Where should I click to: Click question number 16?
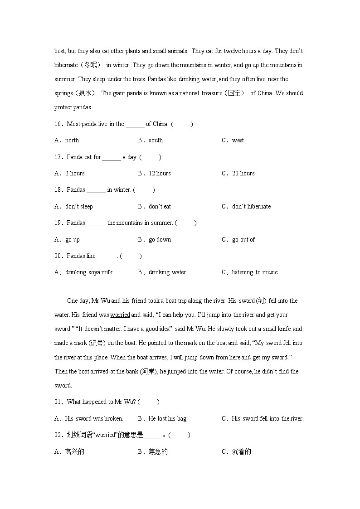coord(58,124)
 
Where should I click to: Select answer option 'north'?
coord(72,141)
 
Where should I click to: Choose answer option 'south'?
coord(156,141)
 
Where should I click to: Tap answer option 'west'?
coord(238,141)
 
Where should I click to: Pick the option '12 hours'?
coord(160,174)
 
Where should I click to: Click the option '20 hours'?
coord(243,174)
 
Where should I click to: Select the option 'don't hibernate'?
coord(251,207)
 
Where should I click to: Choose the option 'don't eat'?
coord(160,207)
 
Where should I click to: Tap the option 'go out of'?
coord(243,240)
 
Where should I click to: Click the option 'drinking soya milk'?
coord(89,272)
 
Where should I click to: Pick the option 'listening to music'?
coord(254,272)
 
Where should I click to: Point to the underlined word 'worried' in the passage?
coord(120,315)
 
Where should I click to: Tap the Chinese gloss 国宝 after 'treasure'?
coord(236,93)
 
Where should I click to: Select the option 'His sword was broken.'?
coord(94,419)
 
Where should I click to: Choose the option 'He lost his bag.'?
coord(168,419)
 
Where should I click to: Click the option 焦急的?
coord(158,452)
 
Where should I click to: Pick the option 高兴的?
coord(75,452)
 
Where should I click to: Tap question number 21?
coord(58,402)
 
